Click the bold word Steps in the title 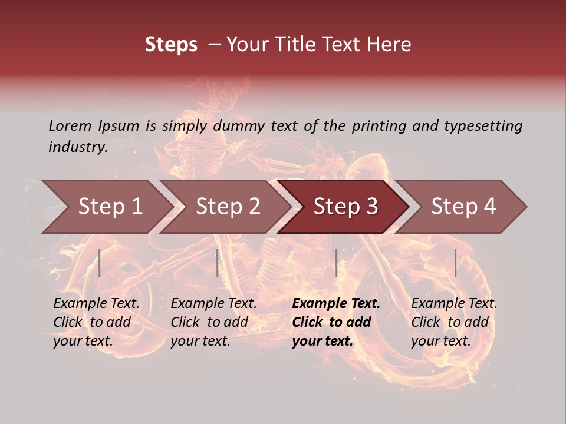(171, 45)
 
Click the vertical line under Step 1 (100, 263)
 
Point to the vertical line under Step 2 (218, 263)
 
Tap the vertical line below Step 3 (336, 263)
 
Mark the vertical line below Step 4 (456, 263)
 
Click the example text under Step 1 (96, 322)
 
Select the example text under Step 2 (213, 322)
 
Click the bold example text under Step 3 (335, 322)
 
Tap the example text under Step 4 (454, 322)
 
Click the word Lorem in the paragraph (70, 125)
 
